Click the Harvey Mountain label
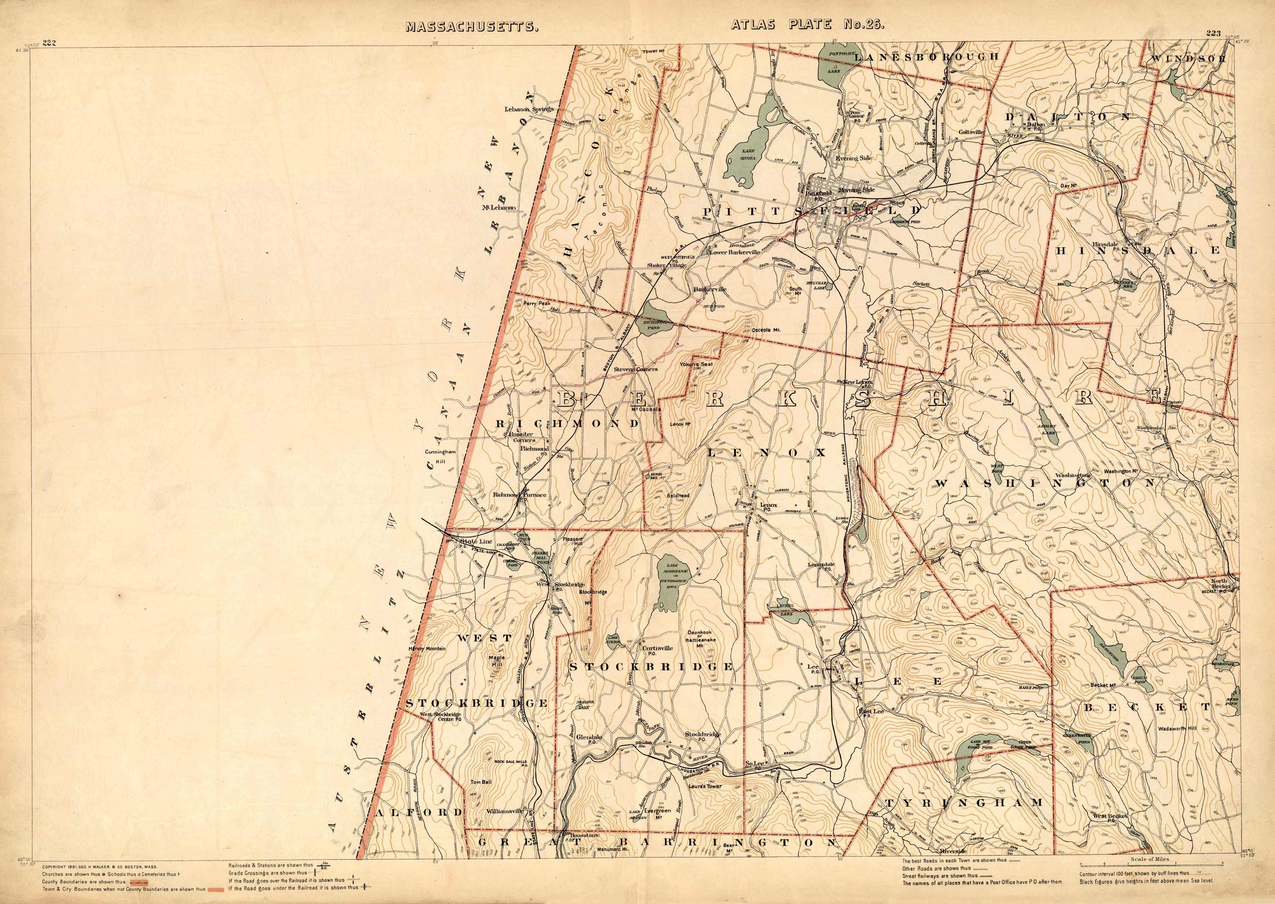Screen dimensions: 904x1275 (427, 648)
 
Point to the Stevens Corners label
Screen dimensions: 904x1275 (635, 369)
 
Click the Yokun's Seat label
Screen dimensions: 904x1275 (695, 365)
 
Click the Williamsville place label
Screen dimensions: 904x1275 (505, 811)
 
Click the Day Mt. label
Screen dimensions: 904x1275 (1069, 185)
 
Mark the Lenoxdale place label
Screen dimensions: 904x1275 (821, 565)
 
